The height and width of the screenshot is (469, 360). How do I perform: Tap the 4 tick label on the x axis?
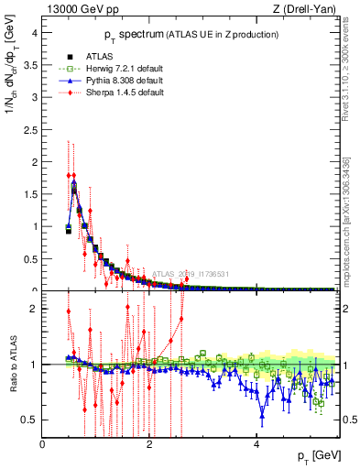pyautogui.click(x=256, y=444)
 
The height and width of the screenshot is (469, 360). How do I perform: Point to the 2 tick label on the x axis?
pyautogui.click(x=149, y=444)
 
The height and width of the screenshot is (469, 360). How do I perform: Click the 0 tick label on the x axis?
pyautogui.click(x=43, y=444)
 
